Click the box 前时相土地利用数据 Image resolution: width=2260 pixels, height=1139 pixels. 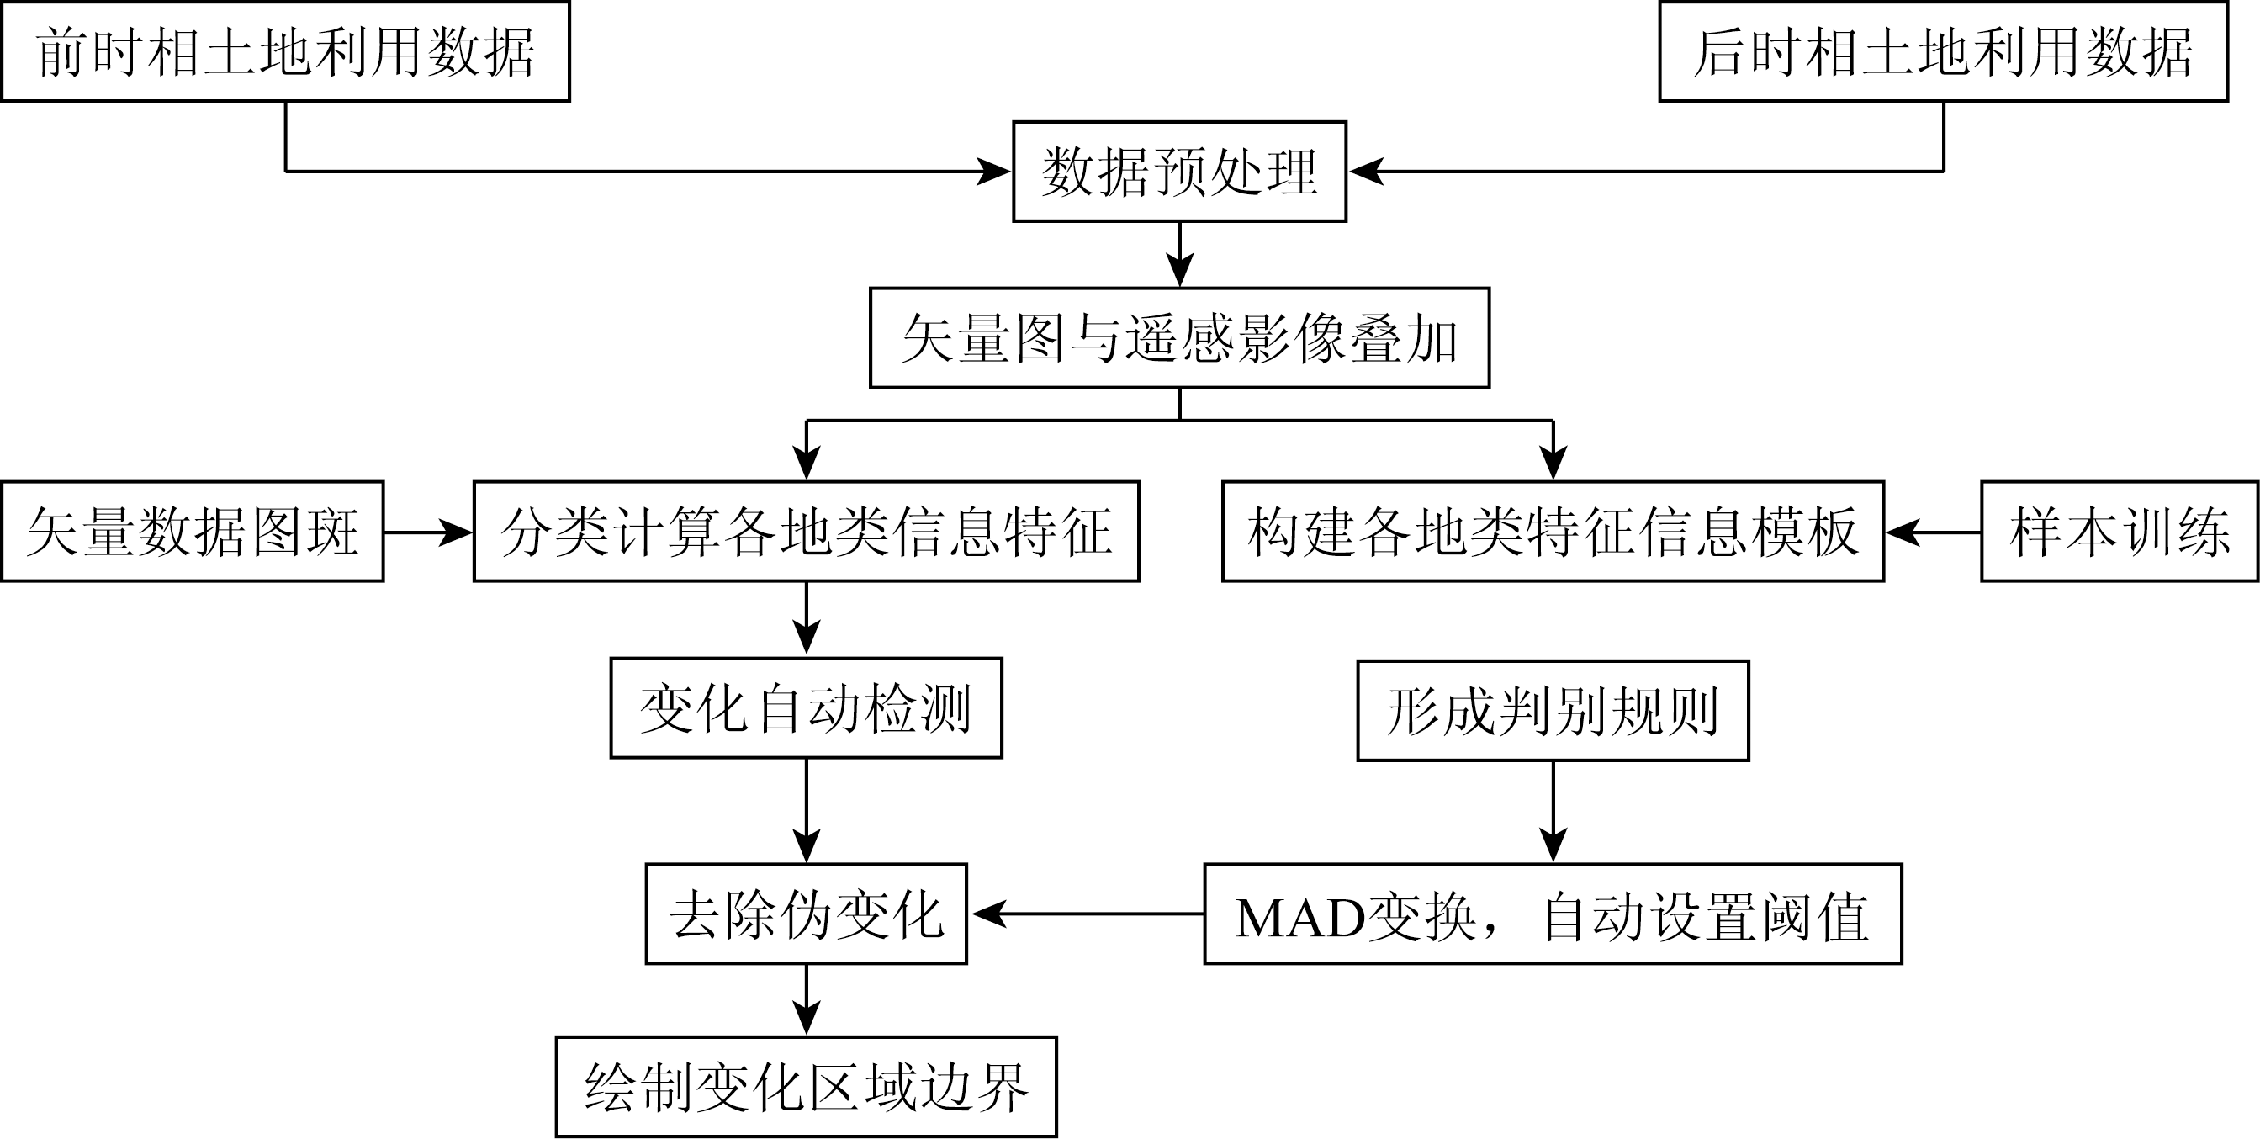pos(285,52)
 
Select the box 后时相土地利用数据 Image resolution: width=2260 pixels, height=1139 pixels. pos(1942,52)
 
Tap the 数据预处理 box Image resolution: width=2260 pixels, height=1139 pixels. pos(1179,172)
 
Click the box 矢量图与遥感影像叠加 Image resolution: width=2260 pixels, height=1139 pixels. pos(1179,338)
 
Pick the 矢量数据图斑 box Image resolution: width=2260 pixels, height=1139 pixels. pos(192,531)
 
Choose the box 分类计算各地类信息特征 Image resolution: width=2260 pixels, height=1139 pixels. pos(807,531)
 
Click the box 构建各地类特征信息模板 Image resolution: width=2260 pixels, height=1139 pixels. pos(1553,531)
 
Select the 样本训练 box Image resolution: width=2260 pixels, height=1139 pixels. pos(2120,531)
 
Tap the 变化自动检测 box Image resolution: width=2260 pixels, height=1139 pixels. pos(807,708)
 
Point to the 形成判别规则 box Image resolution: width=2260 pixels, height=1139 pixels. pos(1553,711)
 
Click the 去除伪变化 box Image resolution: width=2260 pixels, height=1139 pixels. pos(807,914)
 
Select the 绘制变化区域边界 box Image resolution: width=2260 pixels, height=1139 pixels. pos(807,1087)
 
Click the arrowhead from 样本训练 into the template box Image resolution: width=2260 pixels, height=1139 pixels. pos(1902,532)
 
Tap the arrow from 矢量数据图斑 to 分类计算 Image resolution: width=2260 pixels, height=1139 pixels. pos(428,532)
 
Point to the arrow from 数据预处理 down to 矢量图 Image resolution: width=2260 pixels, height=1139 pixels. pos(1179,255)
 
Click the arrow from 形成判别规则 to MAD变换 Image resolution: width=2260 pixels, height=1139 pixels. pos(1553,812)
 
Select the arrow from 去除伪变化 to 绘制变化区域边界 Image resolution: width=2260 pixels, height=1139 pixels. pos(807,1000)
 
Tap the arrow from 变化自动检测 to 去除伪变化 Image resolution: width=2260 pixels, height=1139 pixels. pos(807,811)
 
